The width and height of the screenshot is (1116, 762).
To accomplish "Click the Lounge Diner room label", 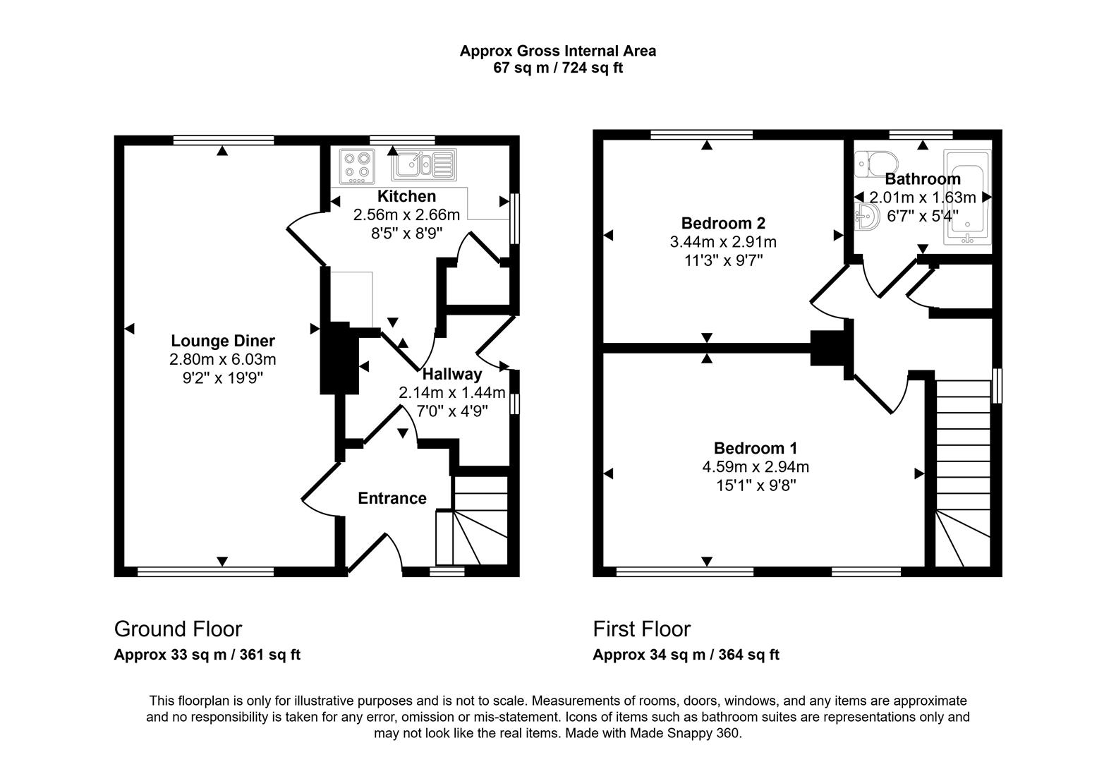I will click(223, 341).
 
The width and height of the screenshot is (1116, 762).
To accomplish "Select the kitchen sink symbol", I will click(422, 165).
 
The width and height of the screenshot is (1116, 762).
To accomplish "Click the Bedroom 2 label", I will click(723, 223).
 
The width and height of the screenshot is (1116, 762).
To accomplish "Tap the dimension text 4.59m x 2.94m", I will click(755, 466).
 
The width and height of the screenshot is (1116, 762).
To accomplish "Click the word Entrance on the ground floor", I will click(392, 498).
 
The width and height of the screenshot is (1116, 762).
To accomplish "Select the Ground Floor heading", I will click(178, 629).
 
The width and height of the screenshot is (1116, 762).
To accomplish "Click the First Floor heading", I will click(641, 629).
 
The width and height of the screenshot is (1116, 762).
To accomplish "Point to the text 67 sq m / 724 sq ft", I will click(557, 68).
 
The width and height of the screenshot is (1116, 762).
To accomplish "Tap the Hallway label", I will click(452, 374).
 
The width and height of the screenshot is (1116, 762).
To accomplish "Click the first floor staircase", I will click(962, 473).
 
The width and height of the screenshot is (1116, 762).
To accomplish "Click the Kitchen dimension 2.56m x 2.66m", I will click(406, 214).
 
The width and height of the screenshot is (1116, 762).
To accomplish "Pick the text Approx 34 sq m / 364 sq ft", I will click(686, 655).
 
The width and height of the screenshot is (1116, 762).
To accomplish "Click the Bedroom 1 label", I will click(755, 448).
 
